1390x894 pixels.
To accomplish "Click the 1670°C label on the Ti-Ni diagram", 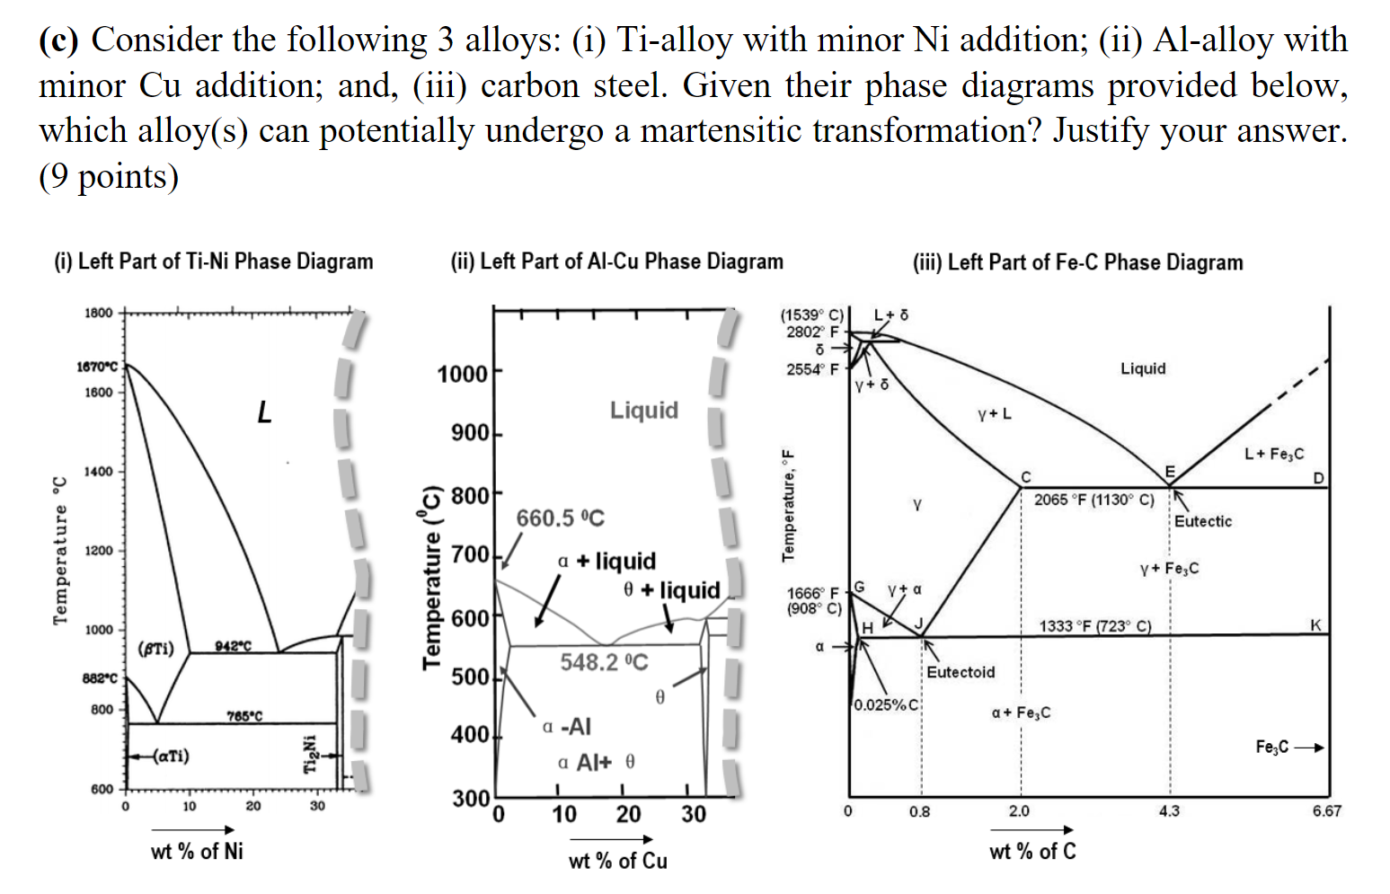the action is point(97,367).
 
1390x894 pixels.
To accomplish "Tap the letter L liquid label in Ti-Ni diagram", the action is point(263,412).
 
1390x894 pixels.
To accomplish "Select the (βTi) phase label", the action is point(156,649).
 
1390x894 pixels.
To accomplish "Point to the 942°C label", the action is point(234,646).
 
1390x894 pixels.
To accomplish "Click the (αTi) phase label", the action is point(171,756).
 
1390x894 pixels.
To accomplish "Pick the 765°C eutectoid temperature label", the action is point(244,716).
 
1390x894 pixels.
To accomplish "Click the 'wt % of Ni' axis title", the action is point(197,851).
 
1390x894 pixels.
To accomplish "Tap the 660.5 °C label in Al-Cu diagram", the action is point(560,518).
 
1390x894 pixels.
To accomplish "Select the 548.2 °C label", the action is point(604,662).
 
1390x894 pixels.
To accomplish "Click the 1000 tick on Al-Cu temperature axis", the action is point(462,374).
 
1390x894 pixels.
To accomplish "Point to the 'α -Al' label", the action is point(567,726).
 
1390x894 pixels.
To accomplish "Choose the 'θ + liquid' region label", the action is point(672,590).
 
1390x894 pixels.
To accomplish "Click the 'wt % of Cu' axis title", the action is point(618,861).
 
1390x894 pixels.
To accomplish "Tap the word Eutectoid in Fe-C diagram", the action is point(961,672).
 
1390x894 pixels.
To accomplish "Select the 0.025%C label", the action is point(886,704).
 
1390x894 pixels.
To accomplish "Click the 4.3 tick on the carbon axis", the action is point(1169,811).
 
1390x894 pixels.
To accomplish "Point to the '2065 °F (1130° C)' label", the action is point(1093,500).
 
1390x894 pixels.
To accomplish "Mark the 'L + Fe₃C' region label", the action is point(1273,454).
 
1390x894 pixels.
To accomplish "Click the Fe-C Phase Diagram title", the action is point(1077,262).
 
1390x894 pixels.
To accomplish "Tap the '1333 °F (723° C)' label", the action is point(1094,626).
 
